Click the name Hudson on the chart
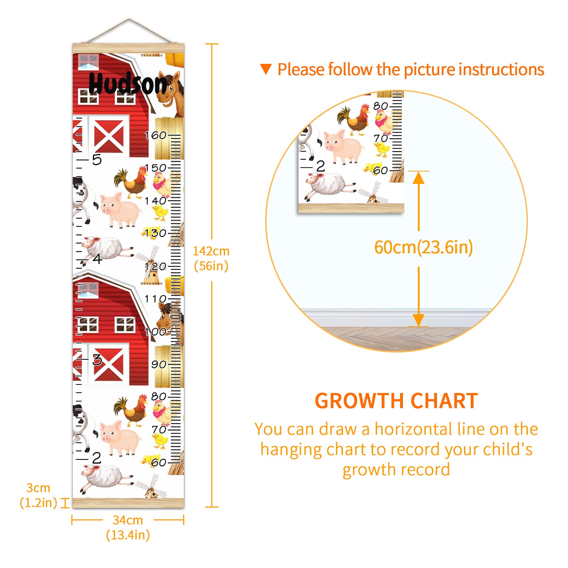click(x=128, y=83)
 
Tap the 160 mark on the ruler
click(x=155, y=135)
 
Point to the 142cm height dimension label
click(x=211, y=258)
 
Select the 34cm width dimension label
click(x=128, y=527)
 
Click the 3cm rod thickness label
click(x=38, y=495)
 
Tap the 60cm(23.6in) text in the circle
click(x=424, y=247)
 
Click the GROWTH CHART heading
click(x=396, y=401)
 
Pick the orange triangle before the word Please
click(x=266, y=69)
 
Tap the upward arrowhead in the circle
click(x=419, y=177)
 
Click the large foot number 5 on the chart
click(x=97, y=160)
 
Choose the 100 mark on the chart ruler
click(x=155, y=332)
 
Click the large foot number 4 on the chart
click(x=98, y=258)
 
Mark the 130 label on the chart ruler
click(x=155, y=233)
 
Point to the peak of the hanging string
click(x=129, y=19)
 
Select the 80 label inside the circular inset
click(x=381, y=106)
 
